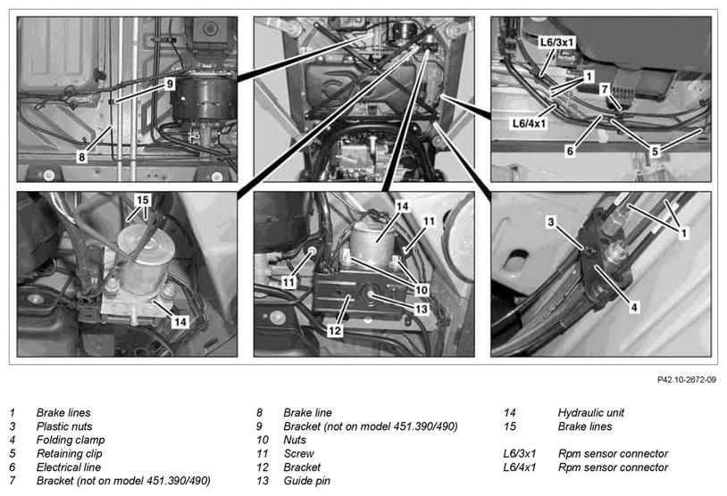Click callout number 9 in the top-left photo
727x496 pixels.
tap(170, 84)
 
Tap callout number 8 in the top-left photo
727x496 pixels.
tap(81, 157)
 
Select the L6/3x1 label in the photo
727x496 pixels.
tap(556, 43)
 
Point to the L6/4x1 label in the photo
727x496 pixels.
tap(529, 124)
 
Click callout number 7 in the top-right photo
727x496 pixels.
tap(604, 89)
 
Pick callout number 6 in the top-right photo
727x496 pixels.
tap(571, 151)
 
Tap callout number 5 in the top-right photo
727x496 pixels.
tap(655, 151)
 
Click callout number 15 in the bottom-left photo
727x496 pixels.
tap(143, 200)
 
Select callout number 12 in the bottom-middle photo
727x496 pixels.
tap(335, 330)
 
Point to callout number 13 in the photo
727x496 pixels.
tap(422, 309)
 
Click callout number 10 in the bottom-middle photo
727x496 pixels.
tap(422, 291)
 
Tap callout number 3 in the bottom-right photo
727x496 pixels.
tap(551, 222)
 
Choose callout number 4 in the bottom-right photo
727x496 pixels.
tap(634, 307)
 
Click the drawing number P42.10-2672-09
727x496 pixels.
tap(686, 380)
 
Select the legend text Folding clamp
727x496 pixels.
tap(71, 440)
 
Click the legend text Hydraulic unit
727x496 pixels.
tap(590, 413)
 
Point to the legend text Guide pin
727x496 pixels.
tap(307, 481)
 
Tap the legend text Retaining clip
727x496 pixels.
tap(69, 453)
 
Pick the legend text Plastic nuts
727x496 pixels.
tap(64, 426)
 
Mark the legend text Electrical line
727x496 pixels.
tap(69, 467)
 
